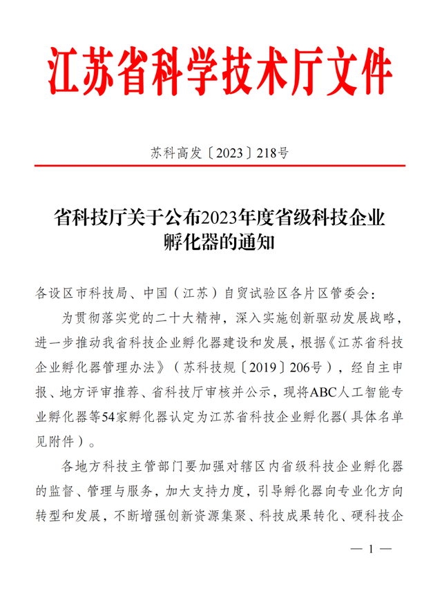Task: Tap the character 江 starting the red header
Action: click(67, 71)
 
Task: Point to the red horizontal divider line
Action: click(220, 166)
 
